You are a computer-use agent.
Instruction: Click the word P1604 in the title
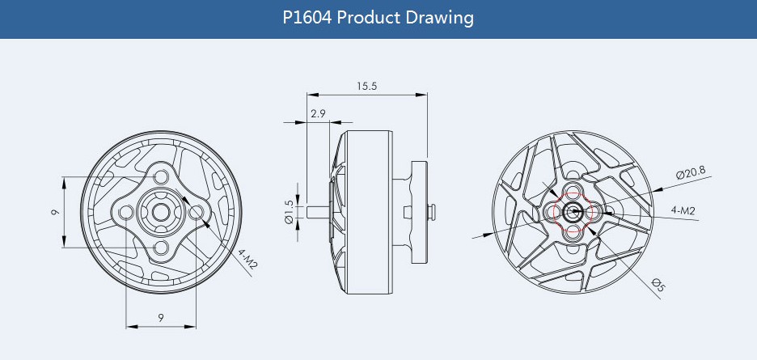(307, 18)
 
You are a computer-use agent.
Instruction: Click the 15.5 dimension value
(366, 86)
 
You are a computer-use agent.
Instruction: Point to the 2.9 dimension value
(318, 113)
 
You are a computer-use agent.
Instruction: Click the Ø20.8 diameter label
(691, 172)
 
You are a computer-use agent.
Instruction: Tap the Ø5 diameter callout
(658, 284)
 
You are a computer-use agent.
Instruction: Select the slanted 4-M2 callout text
(247, 259)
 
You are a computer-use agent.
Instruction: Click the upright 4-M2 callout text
(683, 210)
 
